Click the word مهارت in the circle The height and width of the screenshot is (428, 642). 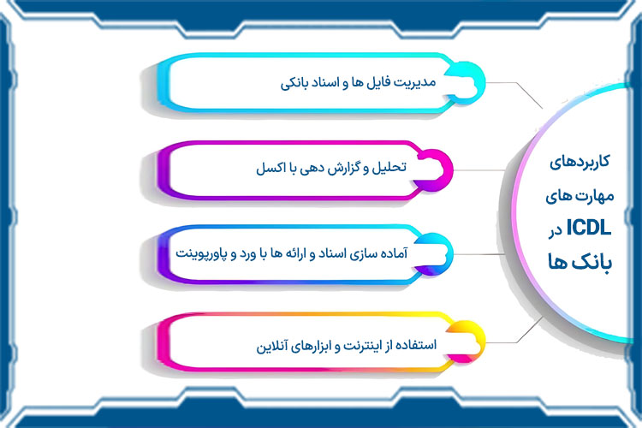592,196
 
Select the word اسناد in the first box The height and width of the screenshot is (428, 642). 326,83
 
